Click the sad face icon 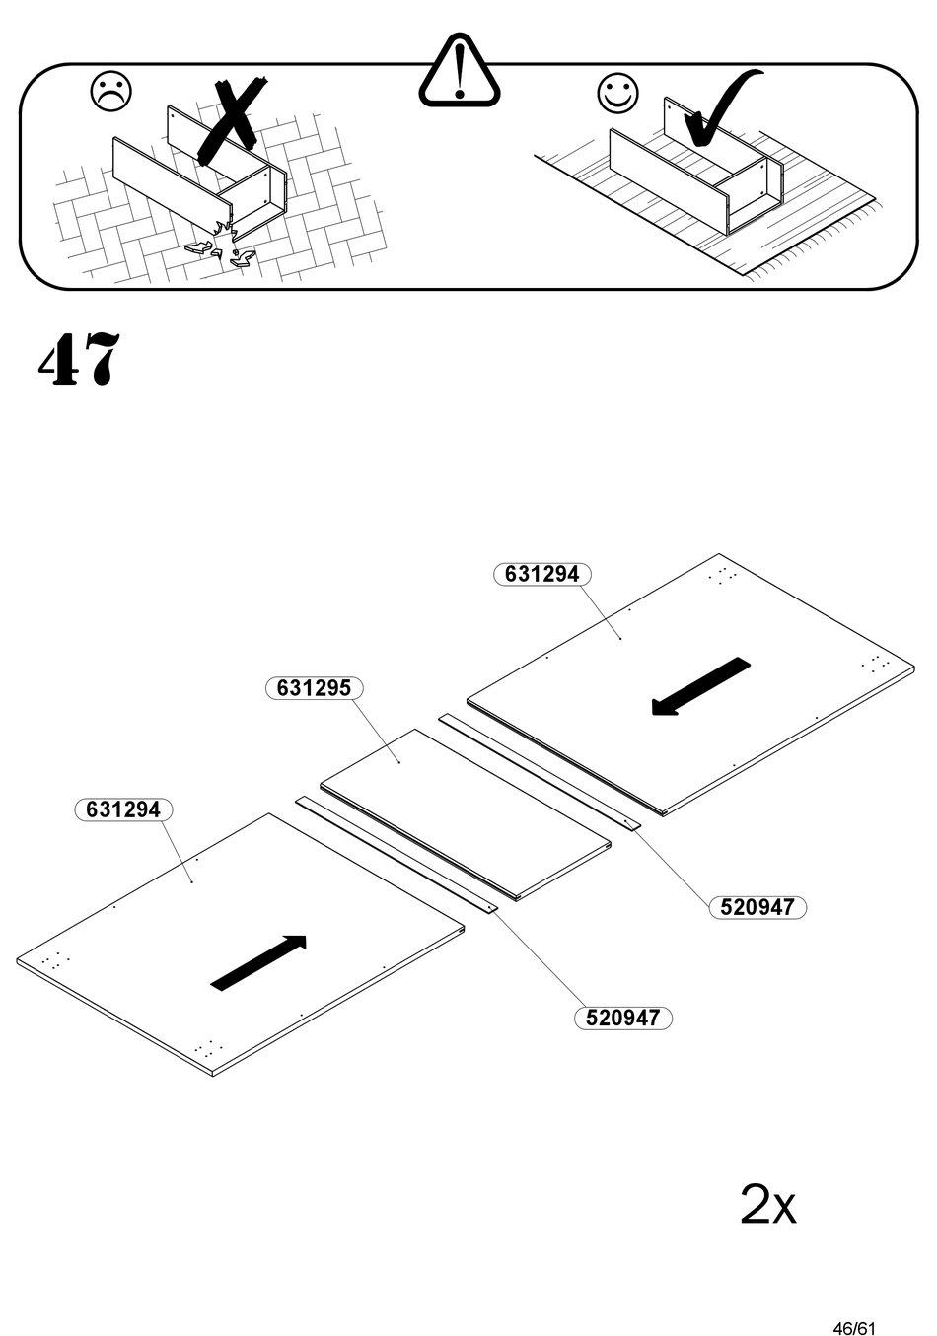pos(110,91)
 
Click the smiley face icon pos(617,93)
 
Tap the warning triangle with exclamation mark pos(459,71)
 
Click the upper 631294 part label pos(541,574)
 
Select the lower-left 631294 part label pos(123,809)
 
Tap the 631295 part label pos(314,688)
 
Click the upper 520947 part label pos(757,907)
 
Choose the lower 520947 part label pos(622,1018)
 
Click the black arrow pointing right pos(259,961)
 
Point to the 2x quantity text pos(767,1205)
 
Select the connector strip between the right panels pos(538,769)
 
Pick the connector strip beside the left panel pos(395,854)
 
